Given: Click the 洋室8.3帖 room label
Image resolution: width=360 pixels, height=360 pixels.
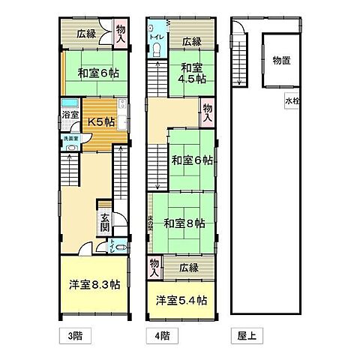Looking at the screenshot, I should click(x=94, y=285).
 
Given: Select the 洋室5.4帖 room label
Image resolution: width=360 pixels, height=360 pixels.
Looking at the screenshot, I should click(x=182, y=301).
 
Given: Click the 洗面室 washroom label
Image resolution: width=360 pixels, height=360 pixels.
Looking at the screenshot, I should click(x=69, y=139).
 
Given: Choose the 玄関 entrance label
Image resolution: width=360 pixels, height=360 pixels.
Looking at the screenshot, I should click(x=106, y=221).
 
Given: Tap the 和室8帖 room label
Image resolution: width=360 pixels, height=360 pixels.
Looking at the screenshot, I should click(x=184, y=223).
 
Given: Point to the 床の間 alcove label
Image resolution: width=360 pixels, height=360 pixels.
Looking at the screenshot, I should click(x=151, y=223).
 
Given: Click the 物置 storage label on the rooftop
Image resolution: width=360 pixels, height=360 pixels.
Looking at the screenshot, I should click(x=281, y=61).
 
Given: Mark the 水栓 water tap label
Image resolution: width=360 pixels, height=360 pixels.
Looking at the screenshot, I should click(x=292, y=101).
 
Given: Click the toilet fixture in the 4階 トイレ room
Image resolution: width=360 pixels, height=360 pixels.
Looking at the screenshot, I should click(x=156, y=50).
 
